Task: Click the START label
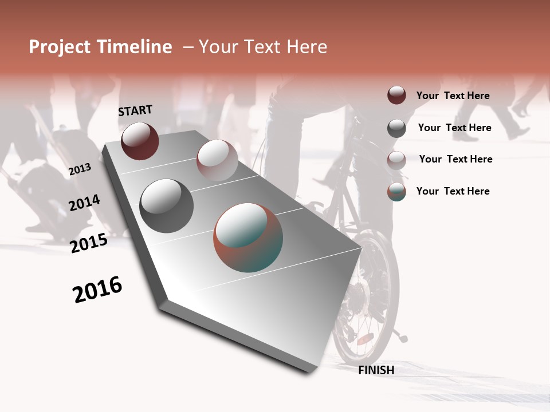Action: pos(135,110)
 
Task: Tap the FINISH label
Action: pos(376,370)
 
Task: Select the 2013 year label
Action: pos(80,169)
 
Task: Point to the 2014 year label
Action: pos(84,203)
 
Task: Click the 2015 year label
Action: pos(89,243)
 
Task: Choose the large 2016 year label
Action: pos(97,290)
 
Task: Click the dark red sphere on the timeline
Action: pos(140,141)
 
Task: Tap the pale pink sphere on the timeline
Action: pos(217,160)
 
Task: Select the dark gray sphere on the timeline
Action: pos(166,205)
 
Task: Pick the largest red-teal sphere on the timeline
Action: pos(248,237)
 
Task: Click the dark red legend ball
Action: pos(396,96)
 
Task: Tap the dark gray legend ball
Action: pos(396,128)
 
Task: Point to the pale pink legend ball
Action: pos(396,160)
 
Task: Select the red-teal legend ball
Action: pos(396,192)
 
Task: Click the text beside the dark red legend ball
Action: pos(453,96)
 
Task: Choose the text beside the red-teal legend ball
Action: pos(453,191)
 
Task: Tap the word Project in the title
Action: pos(59,47)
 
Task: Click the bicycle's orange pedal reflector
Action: pos(365,338)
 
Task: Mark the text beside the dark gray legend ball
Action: pos(454,128)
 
